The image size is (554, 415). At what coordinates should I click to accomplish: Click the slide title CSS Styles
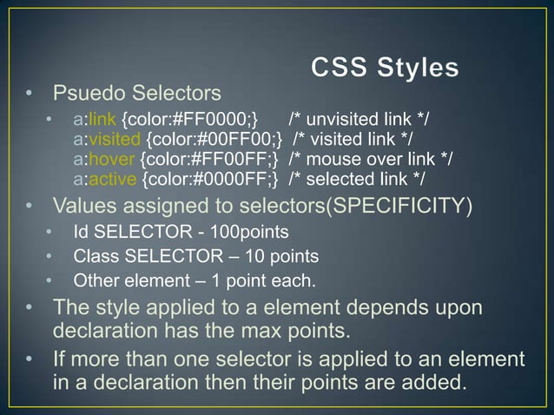tap(386, 68)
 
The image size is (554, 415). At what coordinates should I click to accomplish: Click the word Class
tap(94, 257)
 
